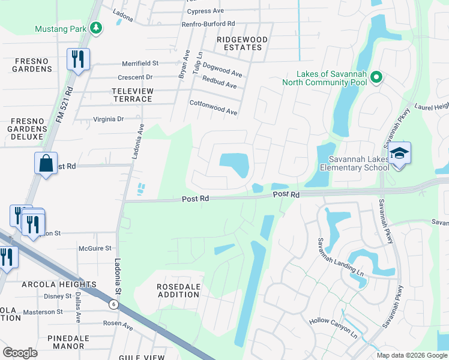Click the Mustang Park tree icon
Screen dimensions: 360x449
[x=95, y=28]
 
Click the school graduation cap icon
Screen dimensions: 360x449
[x=399, y=154]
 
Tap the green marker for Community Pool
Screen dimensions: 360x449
[x=376, y=77]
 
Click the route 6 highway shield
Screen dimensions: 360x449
[x=113, y=304]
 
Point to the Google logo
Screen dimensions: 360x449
[x=20, y=353]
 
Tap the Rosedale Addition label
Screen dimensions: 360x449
[x=178, y=291]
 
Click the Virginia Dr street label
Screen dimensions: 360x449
[x=108, y=119]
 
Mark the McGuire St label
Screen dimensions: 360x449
[x=95, y=248]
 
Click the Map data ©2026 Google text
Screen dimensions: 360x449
[x=411, y=355]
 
